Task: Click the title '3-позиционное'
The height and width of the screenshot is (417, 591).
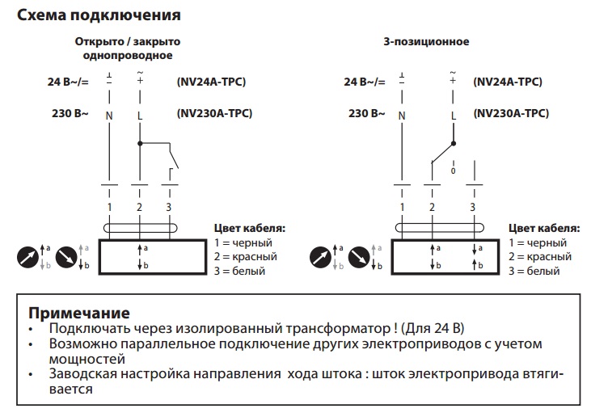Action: click(x=426, y=40)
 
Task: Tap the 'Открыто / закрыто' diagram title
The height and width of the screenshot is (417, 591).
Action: click(x=127, y=40)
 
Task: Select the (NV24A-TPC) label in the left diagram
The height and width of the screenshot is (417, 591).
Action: click(x=211, y=82)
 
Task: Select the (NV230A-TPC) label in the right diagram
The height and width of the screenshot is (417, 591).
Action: click(x=509, y=114)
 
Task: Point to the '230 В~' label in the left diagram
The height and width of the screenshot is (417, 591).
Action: click(x=70, y=114)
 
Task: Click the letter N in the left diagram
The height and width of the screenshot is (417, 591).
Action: click(x=108, y=115)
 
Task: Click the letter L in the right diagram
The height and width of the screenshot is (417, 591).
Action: click(x=453, y=115)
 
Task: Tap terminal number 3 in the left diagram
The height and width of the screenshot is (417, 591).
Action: click(x=169, y=208)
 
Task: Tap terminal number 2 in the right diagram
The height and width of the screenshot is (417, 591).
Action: click(x=433, y=208)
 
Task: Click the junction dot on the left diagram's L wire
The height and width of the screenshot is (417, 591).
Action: click(x=139, y=144)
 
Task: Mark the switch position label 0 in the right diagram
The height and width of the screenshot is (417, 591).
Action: click(x=453, y=171)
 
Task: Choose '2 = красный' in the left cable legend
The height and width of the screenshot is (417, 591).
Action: click(x=246, y=256)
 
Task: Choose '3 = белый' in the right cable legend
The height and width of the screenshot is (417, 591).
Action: click(x=534, y=271)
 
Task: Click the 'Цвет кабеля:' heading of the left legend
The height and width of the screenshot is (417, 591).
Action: click(x=249, y=228)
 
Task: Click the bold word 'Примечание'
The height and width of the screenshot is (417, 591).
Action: click(x=78, y=313)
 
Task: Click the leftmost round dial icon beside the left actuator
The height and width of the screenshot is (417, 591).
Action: click(x=27, y=257)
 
